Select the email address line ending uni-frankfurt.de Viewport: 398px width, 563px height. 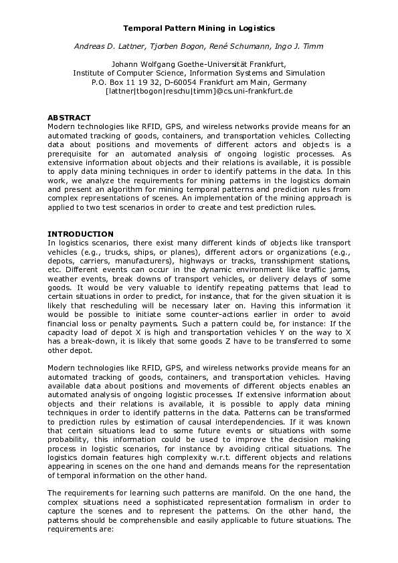click(199, 91)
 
